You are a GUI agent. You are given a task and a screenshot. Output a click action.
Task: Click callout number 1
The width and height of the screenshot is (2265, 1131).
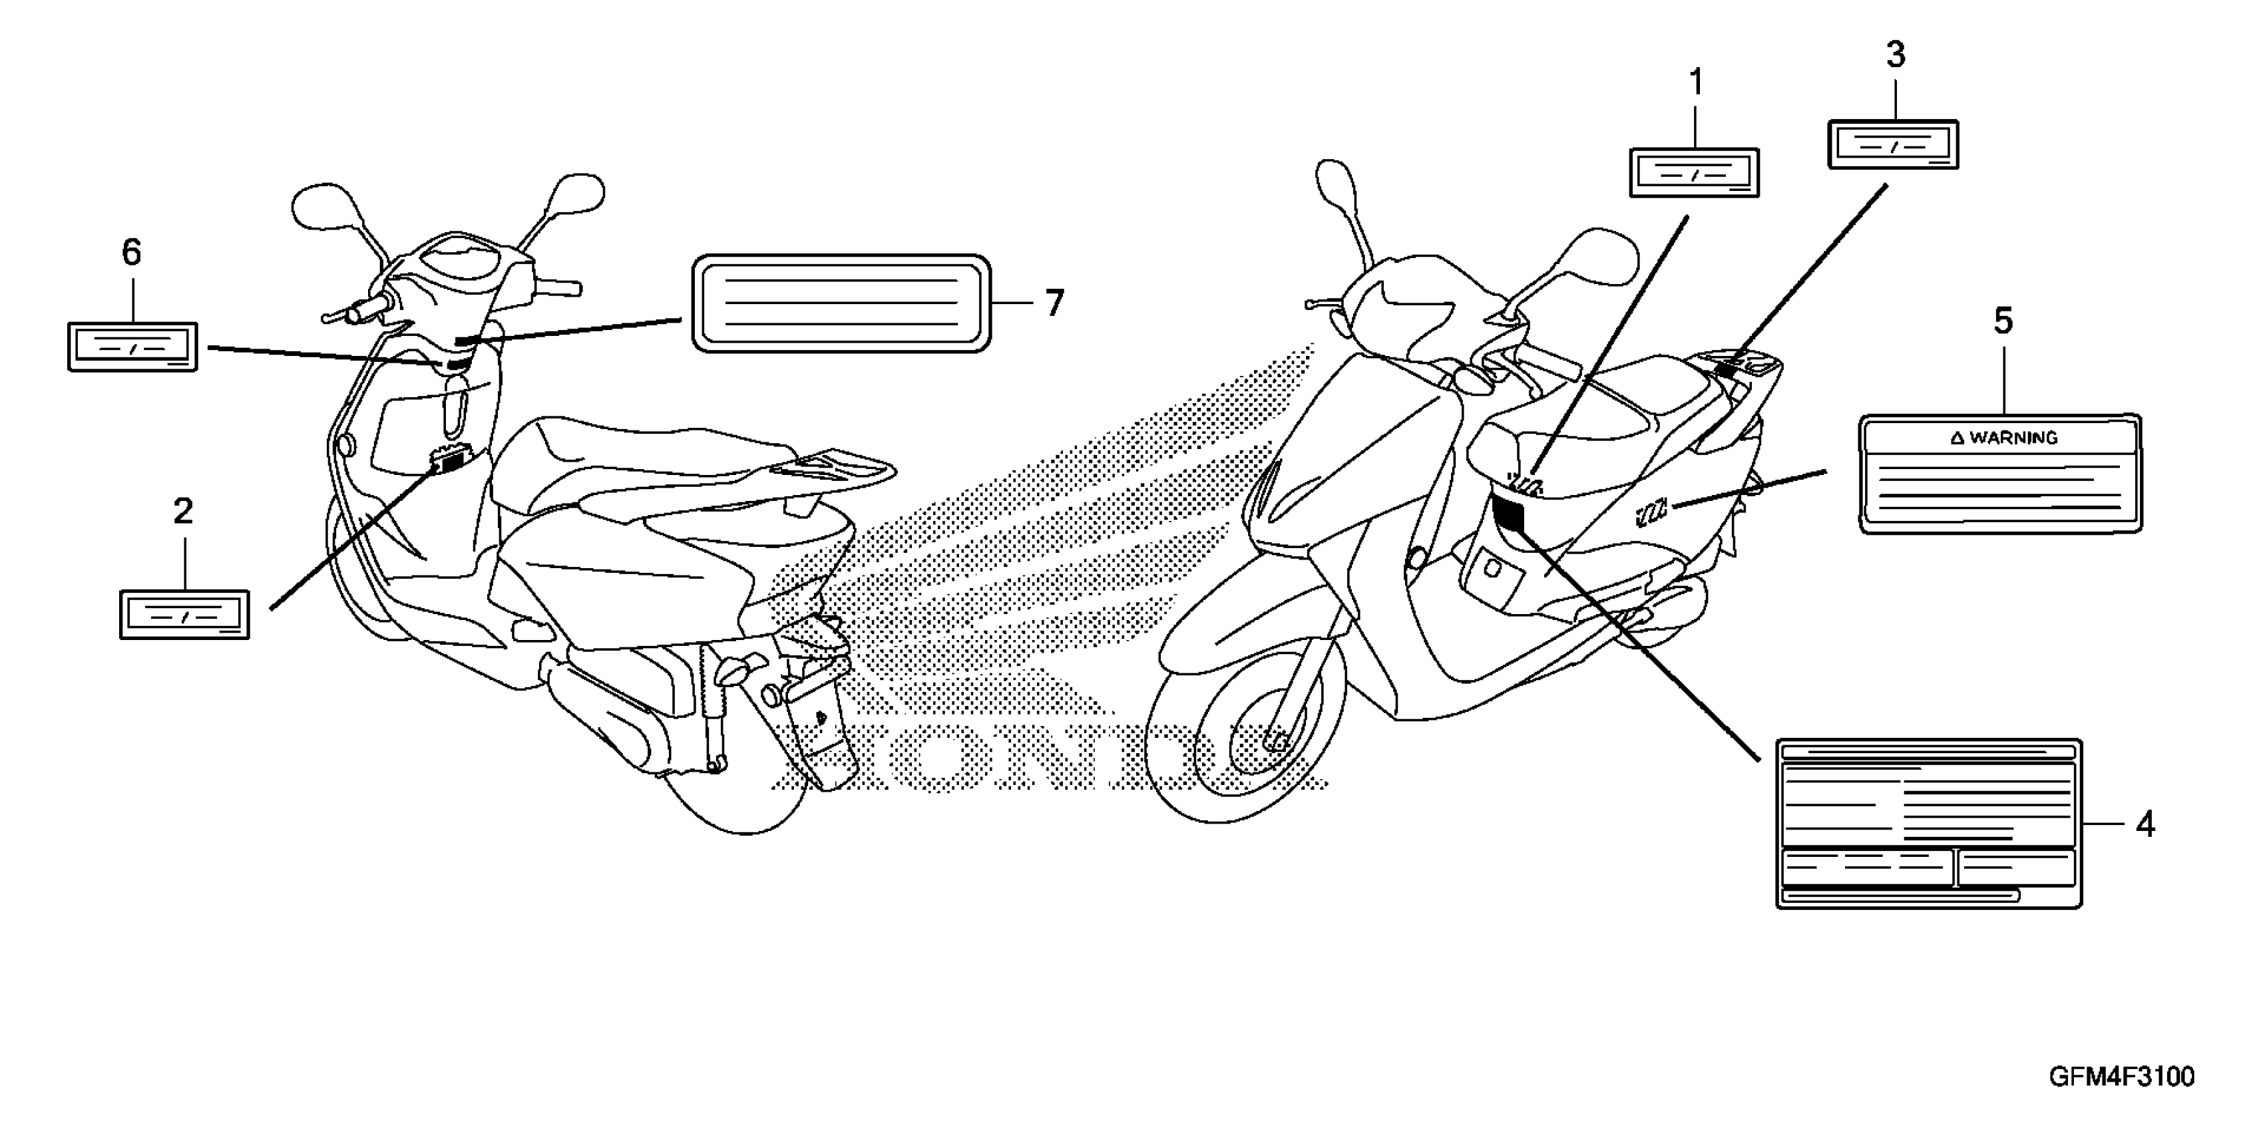coord(1696,83)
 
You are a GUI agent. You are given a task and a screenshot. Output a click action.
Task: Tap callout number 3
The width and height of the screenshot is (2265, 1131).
coord(1896,55)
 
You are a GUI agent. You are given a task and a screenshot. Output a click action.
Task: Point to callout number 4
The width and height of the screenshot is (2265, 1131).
coord(2145,824)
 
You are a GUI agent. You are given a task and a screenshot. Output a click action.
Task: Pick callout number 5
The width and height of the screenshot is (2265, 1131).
coord(2003,321)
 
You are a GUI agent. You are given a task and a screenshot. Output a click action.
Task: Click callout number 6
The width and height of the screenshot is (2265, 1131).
coord(131,253)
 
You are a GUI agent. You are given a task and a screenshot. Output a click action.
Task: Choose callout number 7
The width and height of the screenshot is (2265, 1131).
coord(1054,303)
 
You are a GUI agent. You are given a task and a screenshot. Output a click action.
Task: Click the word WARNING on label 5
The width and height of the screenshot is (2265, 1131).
coord(2013,438)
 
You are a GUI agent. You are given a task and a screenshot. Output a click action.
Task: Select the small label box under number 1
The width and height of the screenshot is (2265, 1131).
coord(1695,173)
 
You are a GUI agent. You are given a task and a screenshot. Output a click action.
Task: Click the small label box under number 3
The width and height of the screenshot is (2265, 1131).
coord(1893,145)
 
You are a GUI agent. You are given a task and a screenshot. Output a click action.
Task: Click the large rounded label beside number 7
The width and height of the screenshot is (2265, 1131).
coord(841,304)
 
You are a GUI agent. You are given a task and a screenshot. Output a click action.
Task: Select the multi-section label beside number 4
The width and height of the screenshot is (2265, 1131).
coord(1929,824)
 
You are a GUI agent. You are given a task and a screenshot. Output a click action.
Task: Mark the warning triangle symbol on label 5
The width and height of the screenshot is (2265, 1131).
coord(1957,438)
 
